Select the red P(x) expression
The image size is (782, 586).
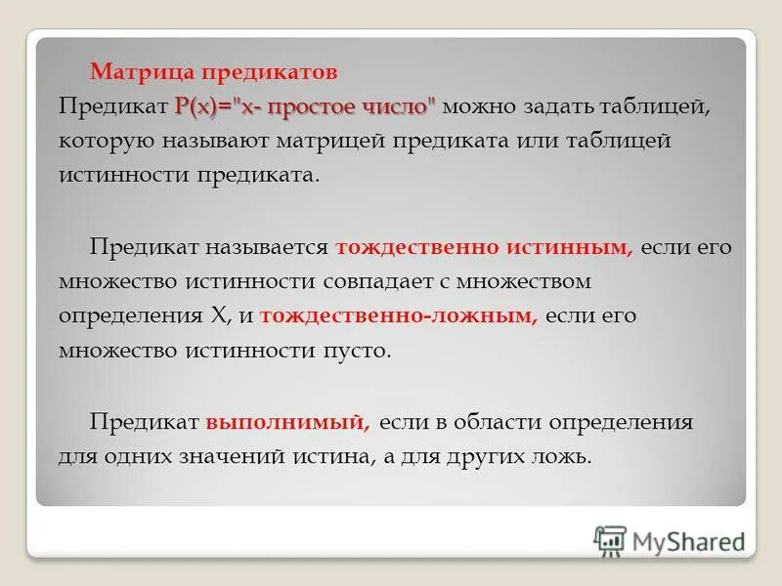[197, 106]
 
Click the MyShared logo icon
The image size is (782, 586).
[610, 540]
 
